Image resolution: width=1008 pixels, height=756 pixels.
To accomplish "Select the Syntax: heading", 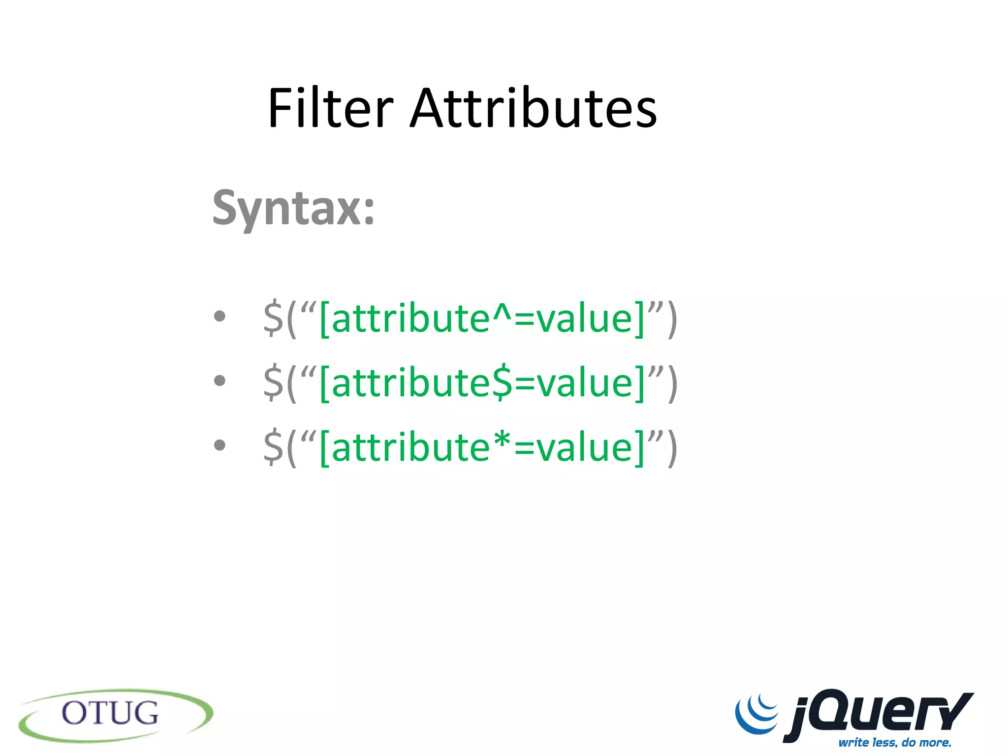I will [293, 209].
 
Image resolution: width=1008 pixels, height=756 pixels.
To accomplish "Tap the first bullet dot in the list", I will [220, 316].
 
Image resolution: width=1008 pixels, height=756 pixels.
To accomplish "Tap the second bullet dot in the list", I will [220, 380].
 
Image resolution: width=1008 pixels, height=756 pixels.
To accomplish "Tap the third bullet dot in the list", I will [220, 445].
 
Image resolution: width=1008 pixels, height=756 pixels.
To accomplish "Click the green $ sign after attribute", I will [502, 383].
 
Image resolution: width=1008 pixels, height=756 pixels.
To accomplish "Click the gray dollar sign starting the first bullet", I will [273, 319].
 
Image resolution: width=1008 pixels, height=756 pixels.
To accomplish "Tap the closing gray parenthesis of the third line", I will [672, 448].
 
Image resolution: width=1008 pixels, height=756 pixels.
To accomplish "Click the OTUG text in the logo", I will [110, 713].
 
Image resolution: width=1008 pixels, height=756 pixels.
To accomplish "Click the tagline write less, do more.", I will [894, 742].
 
